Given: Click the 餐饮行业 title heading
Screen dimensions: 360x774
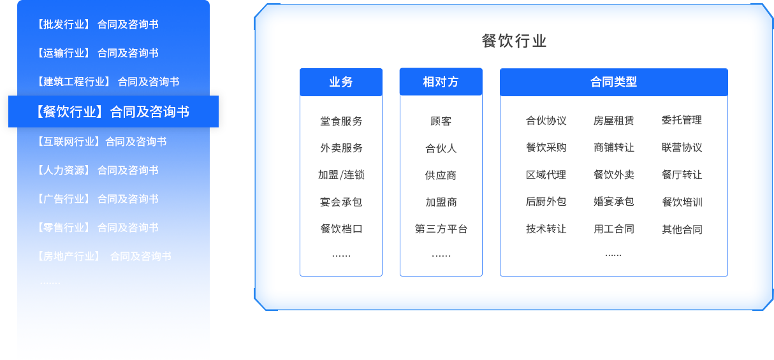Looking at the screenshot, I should (514, 41).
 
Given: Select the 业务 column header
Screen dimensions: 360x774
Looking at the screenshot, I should (341, 82).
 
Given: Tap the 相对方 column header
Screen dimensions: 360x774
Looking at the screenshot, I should (441, 82).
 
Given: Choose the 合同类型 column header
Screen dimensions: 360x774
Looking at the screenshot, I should (613, 82).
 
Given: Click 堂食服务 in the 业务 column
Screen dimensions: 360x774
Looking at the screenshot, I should (341, 121).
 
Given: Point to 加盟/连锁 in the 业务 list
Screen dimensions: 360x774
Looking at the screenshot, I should (341, 175).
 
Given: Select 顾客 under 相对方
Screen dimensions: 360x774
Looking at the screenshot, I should (441, 121).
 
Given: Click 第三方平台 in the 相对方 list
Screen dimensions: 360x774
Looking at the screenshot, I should (441, 229).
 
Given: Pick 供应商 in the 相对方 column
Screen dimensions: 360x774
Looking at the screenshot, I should (441, 175).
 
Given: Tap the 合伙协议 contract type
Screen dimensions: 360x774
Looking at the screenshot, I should (546, 120).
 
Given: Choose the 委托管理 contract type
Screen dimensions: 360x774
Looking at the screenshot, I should (682, 120).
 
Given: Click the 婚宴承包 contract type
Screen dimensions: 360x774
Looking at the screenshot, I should (613, 202).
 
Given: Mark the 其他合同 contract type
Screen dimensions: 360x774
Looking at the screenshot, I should (682, 229).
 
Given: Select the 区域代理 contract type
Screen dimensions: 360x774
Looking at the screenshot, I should (546, 175).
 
